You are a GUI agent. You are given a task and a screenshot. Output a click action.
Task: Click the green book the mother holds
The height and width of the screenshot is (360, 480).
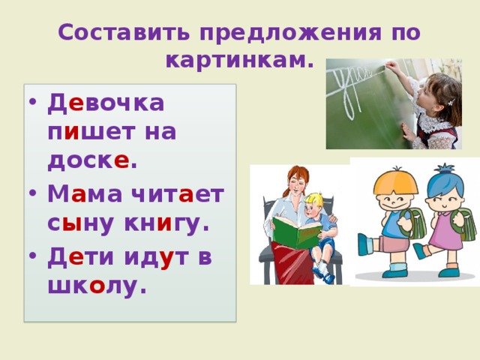pyautogui.click(x=296, y=232)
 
